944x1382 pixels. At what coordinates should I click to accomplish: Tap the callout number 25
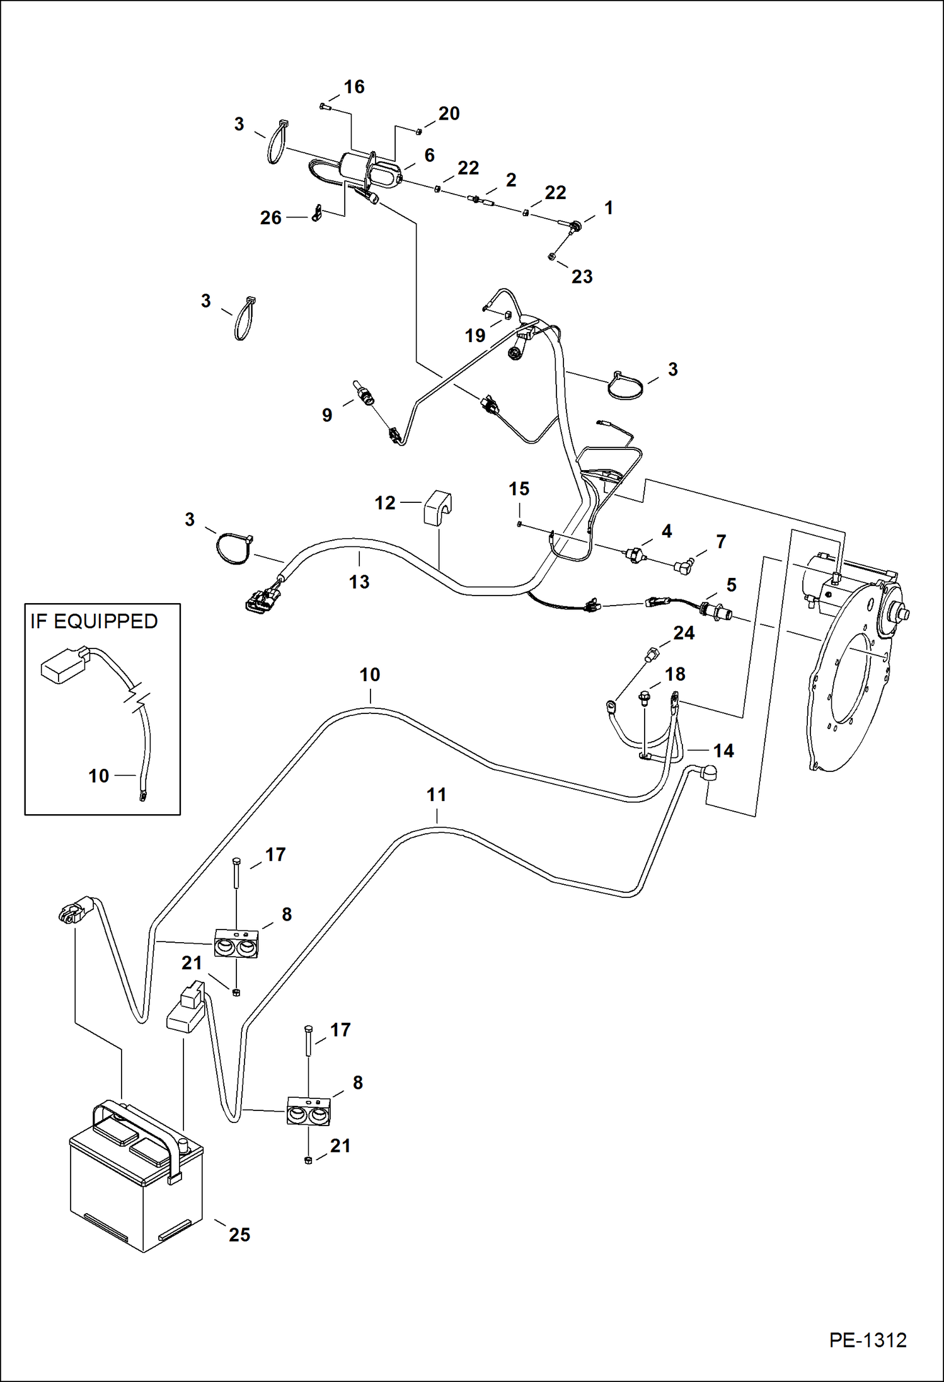pos(239,1235)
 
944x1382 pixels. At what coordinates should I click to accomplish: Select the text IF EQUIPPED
pos(94,621)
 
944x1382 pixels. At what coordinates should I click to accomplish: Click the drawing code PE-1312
pos(867,1340)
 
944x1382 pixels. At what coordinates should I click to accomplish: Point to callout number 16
pos(354,87)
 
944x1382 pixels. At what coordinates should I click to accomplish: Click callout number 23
pos(582,277)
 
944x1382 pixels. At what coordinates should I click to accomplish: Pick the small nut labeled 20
pos(418,131)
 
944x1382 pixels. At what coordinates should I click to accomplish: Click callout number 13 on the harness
pos(359,582)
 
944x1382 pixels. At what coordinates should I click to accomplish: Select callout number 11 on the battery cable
pos(436,795)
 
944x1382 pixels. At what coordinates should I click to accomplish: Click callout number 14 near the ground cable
pos(723,751)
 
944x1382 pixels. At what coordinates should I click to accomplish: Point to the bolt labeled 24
pos(650,655)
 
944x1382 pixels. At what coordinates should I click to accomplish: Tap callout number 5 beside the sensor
pos(731,585)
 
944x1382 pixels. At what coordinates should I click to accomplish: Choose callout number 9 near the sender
pos(327,415)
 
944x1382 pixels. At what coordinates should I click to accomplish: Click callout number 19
pos(475,336)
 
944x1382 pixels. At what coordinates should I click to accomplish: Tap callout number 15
pos(519,489)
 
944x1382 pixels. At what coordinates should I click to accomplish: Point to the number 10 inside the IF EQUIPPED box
pos(98,776)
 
